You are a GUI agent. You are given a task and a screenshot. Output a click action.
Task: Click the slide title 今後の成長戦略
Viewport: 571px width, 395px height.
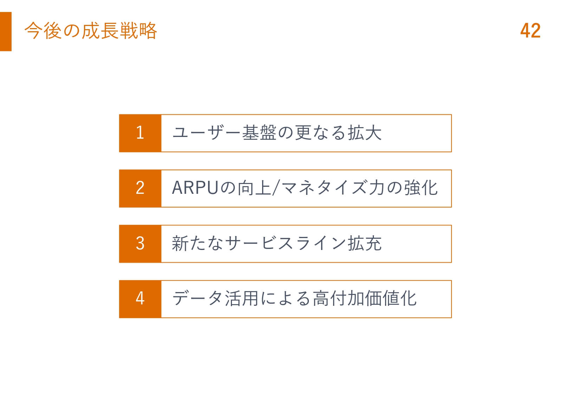(x=91, y=31)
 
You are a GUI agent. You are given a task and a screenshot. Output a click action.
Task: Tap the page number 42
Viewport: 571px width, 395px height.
(x=530, y=31)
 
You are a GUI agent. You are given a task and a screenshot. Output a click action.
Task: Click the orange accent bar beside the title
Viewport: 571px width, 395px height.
(x=6, y=32)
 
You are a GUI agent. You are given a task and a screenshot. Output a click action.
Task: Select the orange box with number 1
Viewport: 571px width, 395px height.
(x=140, y=133)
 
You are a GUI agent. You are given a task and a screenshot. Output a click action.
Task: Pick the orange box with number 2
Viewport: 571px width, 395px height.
(x=140, y=189)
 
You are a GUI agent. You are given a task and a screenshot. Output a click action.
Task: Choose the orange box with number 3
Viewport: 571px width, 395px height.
(x=140, y=244)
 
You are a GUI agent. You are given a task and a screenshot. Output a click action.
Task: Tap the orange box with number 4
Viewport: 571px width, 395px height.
(x=140, y=299)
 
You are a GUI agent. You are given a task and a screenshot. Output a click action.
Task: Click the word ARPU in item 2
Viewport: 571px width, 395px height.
(x=195, y=188)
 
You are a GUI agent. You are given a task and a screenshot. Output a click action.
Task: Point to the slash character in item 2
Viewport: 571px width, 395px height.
(x=275, y=188)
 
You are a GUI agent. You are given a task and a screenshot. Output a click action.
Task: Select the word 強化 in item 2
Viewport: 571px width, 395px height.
(x=421, y=188)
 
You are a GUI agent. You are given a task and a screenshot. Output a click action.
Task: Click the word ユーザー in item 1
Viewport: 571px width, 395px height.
(x=206, y=133)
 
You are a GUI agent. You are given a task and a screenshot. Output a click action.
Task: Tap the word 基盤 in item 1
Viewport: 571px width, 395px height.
(x=259, y=133)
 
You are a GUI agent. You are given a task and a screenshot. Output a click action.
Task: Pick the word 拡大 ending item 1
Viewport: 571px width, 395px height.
(x=365, y=133)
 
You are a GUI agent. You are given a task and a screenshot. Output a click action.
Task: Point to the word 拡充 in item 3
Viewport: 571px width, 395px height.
(x=365, y=243)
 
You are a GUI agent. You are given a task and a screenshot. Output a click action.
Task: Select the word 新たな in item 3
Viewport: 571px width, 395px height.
(x=197, y=243)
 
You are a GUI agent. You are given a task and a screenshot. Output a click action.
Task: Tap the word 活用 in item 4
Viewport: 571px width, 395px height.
(x=241, y=298)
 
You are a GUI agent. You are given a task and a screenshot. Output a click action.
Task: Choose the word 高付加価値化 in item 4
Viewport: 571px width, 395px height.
(x=365, y=298)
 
